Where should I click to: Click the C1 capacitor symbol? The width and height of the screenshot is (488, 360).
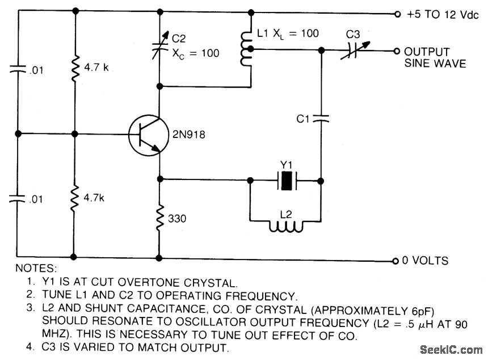(321, 119)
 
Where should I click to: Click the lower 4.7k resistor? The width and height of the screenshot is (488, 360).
(75, 199)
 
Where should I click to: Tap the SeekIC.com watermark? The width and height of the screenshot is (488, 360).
(451, 348)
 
